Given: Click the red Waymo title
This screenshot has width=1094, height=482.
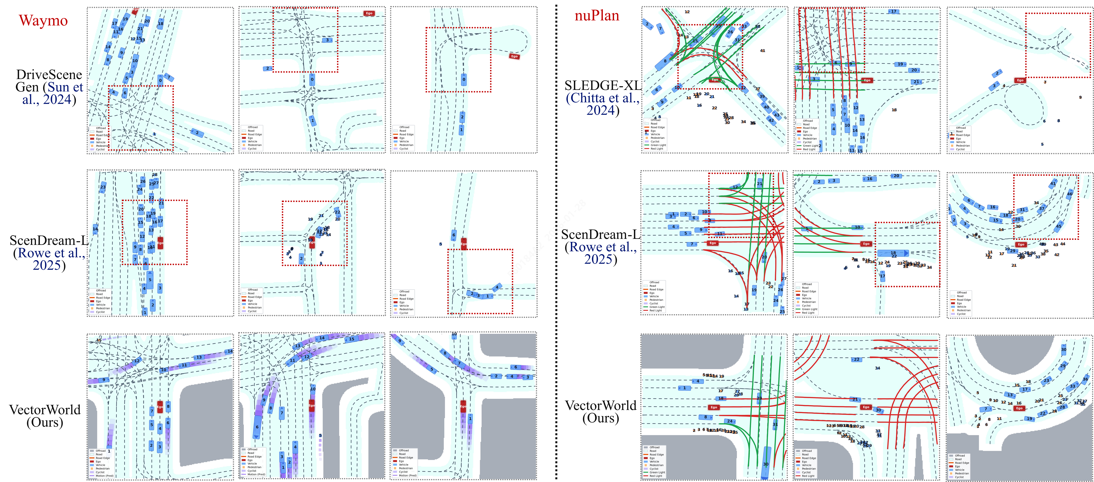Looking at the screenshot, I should tap(43, 20).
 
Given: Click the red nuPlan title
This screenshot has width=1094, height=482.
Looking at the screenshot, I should tap(597, 16).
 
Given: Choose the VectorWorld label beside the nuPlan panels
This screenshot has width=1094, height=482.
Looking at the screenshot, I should tap(600, 406).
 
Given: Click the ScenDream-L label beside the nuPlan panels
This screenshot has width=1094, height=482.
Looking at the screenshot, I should tap(600, 234).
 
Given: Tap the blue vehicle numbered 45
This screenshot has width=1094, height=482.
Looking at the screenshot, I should tap(1059, 226).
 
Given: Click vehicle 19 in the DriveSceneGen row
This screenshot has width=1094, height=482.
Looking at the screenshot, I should tap(125, 19).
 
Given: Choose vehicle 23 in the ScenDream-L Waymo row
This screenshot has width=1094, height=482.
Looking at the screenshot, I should tap(103, 187).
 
